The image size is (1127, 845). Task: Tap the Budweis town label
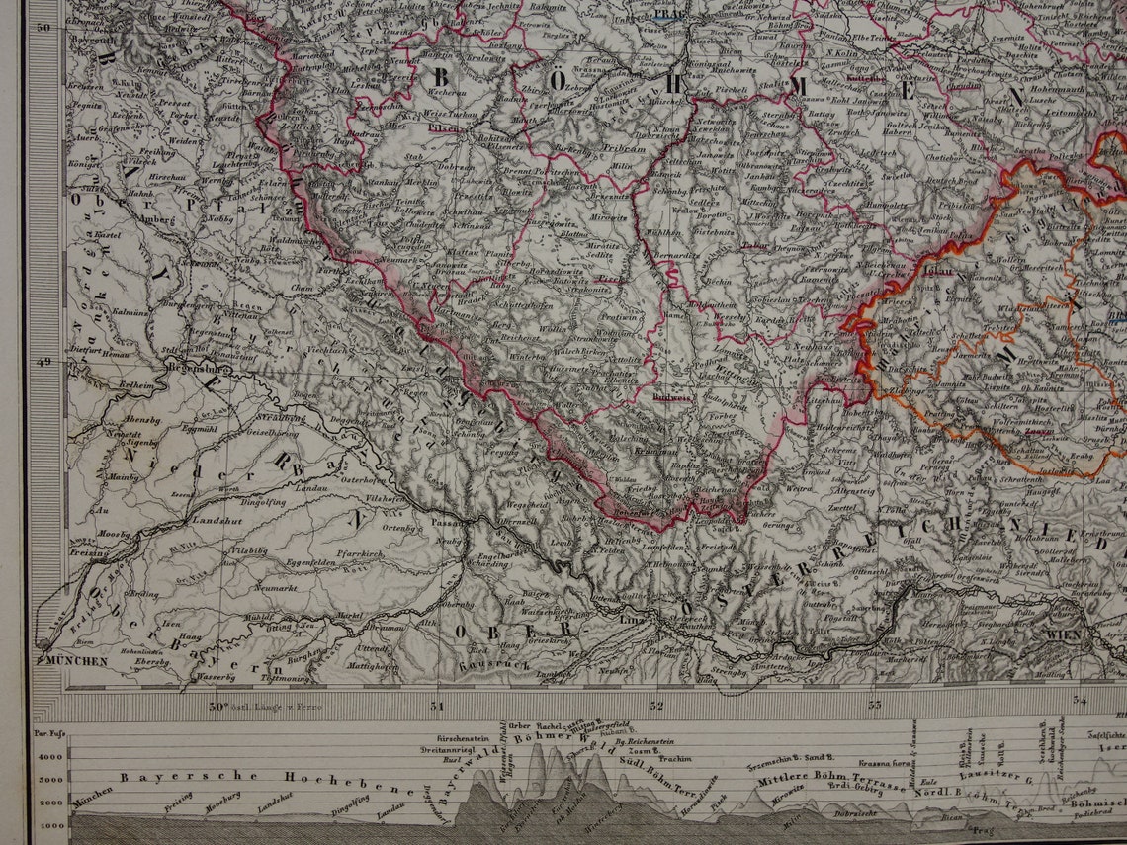[x=672, y=397]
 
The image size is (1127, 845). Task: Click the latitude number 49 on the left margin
[x=43, y=362]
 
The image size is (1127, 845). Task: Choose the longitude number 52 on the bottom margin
[x=656, y=706]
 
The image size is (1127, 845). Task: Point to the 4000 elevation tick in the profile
[x=50, y=756]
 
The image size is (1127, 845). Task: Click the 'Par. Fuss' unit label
[x=49, y=733]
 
